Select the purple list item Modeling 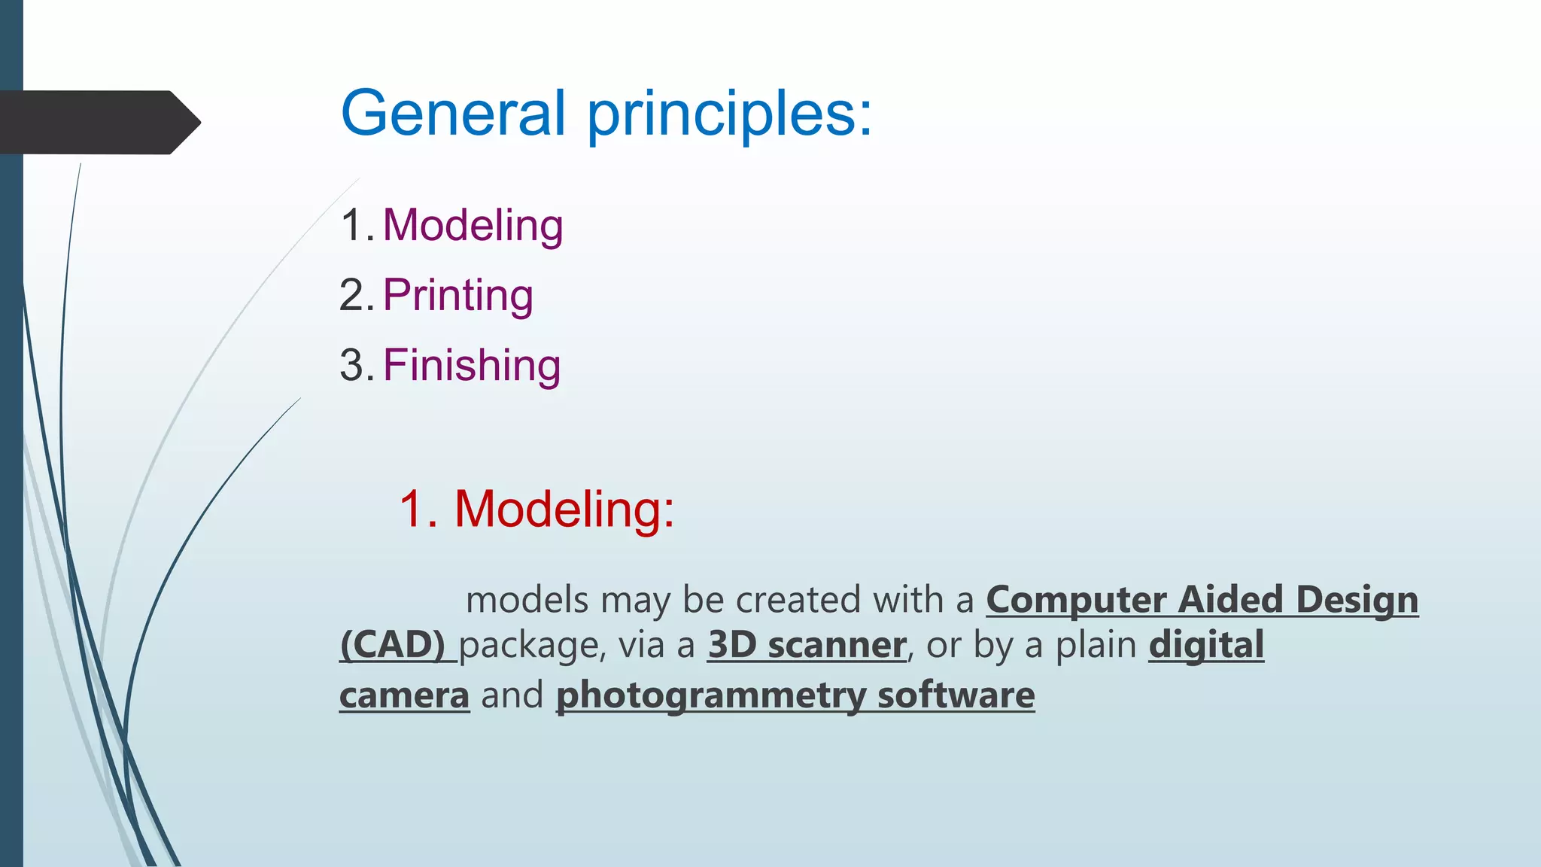(x=473, y=225)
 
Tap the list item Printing (x=457, y=295)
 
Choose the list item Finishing (x=472, y=365)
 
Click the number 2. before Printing (x=357, y=295)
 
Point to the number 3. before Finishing (x=357, y=365)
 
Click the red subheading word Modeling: (x=564, y=509)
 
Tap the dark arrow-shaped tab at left (x=98, y=123)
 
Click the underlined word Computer (x=1076, y=600)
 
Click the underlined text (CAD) (x=393, y=645)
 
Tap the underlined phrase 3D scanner (x=807, y=645)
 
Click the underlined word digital (x=1206, y=645)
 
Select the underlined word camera (x=404, y=695)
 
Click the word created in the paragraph (x=798, y=600)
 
